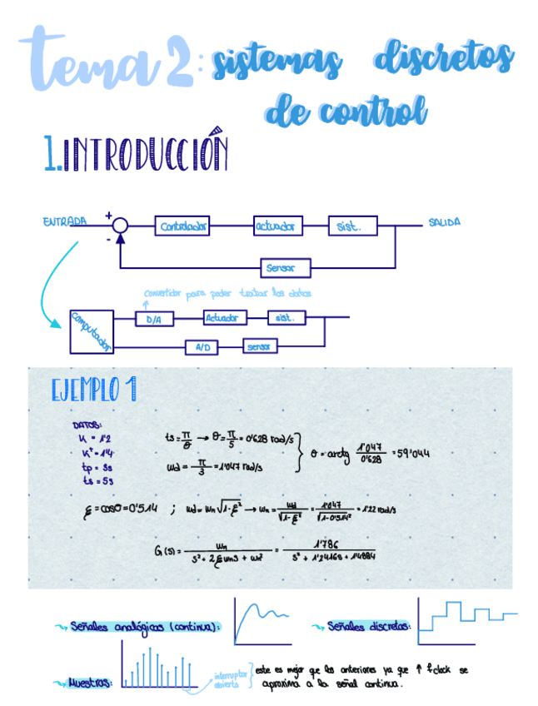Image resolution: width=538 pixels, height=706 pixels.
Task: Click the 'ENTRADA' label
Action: click(64, 221)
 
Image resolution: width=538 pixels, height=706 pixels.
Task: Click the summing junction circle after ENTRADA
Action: click(120, 225)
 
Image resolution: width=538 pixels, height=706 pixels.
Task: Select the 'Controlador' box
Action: click(182, 226)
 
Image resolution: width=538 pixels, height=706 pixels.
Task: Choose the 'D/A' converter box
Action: click(154, 320)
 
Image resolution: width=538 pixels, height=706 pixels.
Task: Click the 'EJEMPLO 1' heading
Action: click(93, 390)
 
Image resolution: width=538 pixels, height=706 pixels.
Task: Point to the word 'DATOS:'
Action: click(87, 424)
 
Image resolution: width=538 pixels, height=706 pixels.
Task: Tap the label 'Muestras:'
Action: click(89, 682)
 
